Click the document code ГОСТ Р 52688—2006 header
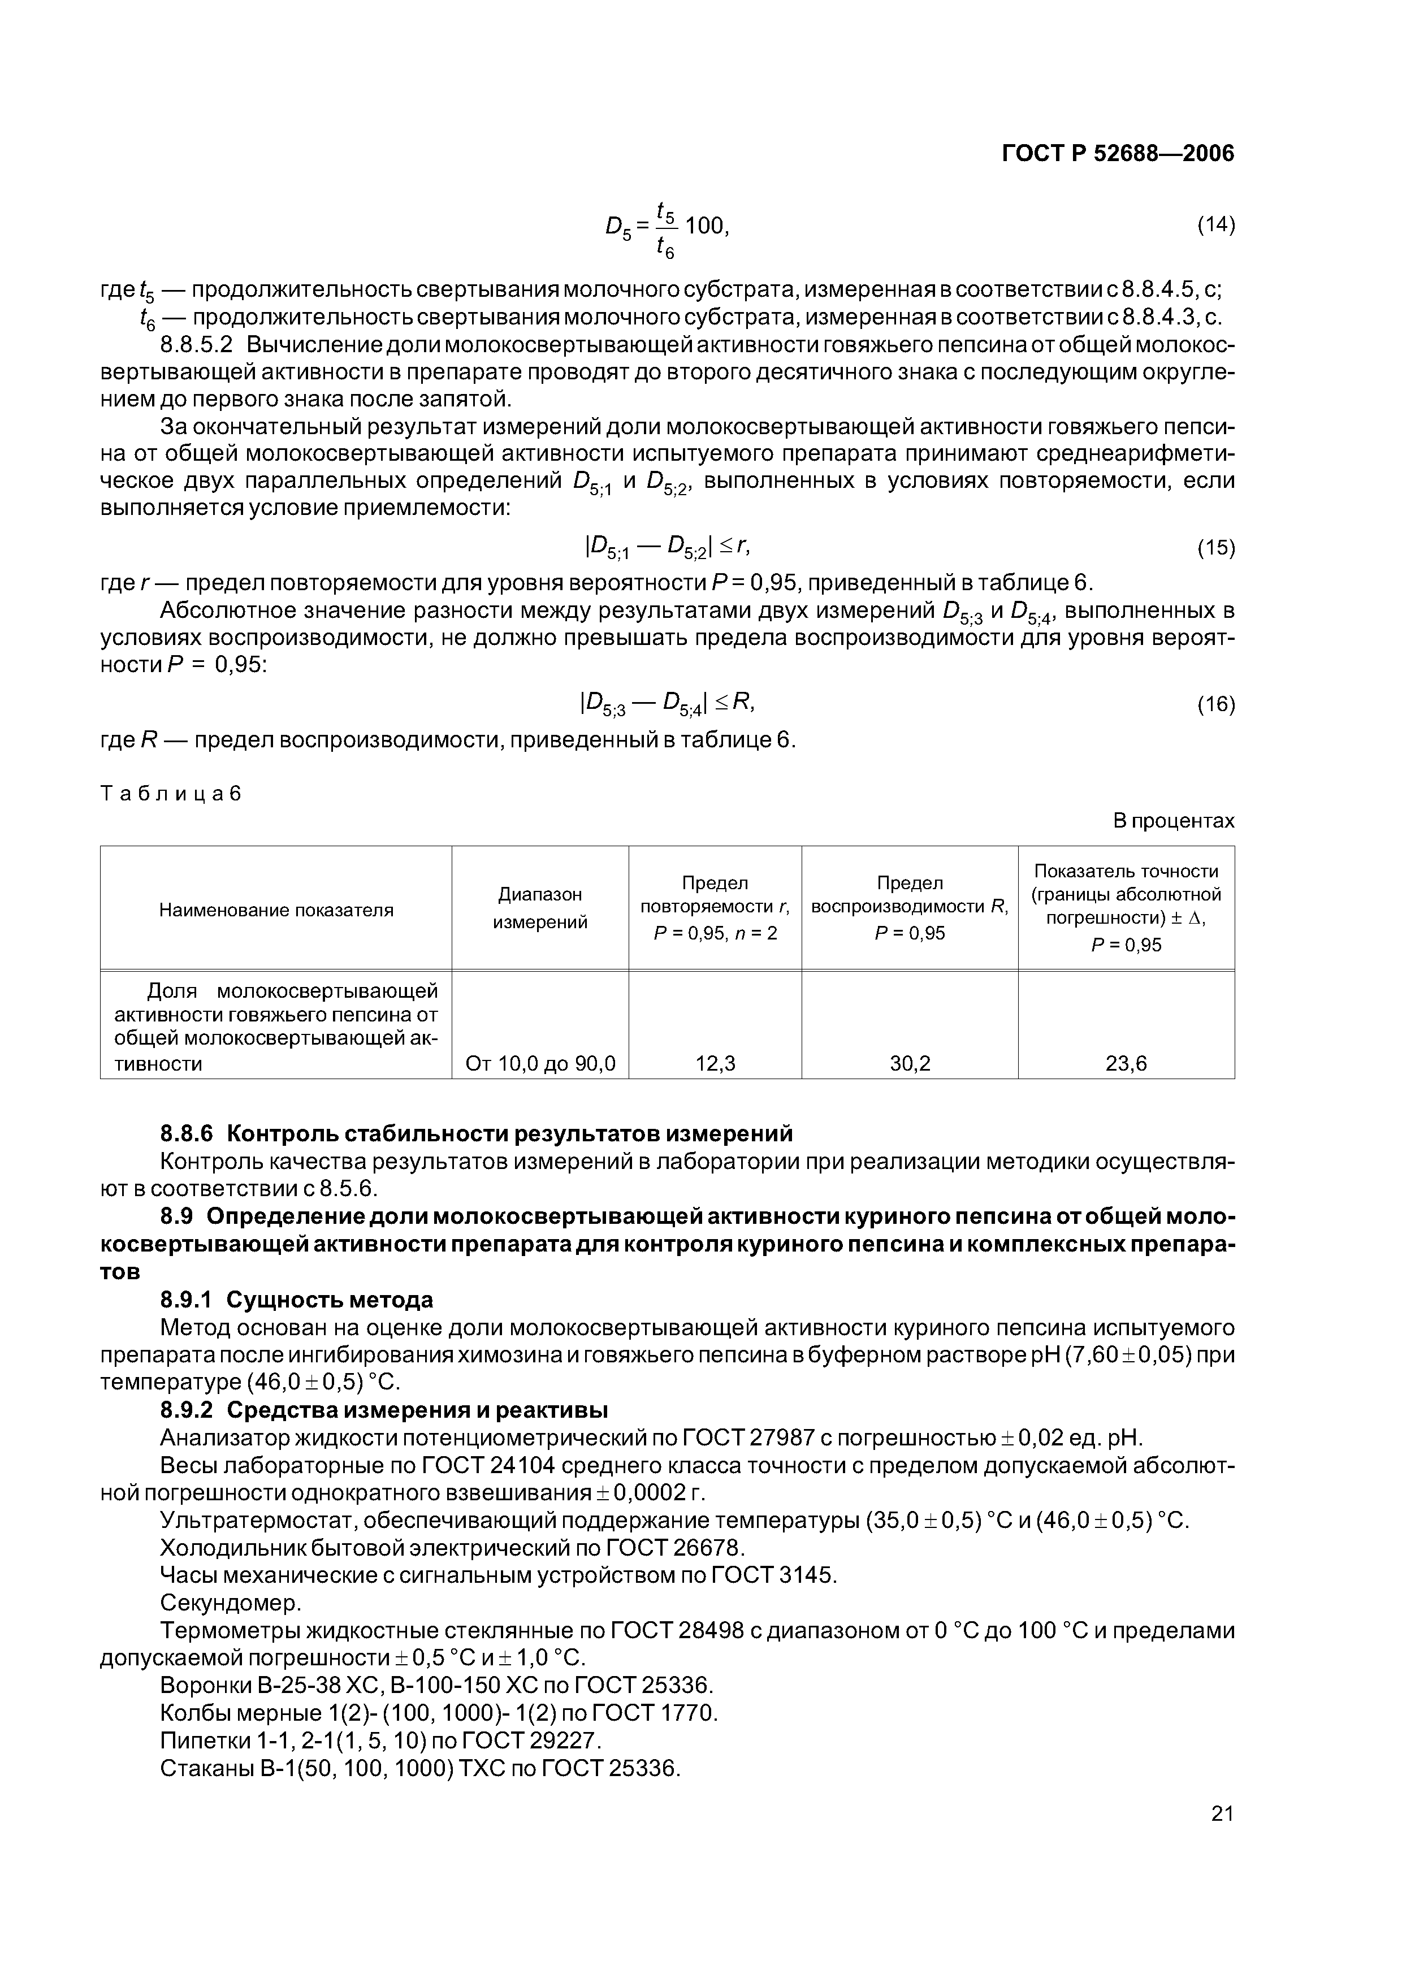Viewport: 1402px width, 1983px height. click(x=1118, y=154)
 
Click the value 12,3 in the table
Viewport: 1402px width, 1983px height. click(x=715, y=1063)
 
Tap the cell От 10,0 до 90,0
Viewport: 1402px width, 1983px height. click(x=540, y=1063)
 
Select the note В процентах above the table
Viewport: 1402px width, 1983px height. click(x=1173, y=820)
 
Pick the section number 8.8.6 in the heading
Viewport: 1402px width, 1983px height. click(x=192, y=1132)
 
